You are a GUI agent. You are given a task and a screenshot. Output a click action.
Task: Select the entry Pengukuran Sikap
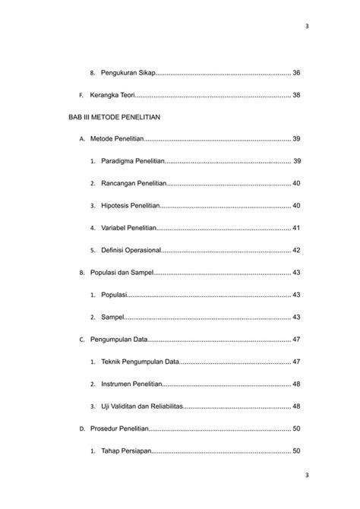tap(128, 73)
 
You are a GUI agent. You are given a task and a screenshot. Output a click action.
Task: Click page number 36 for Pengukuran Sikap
tap(296, 73)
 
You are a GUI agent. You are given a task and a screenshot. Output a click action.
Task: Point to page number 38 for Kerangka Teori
tap(296, 95)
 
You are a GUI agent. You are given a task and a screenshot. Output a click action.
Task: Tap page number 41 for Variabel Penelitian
tap(296, 228)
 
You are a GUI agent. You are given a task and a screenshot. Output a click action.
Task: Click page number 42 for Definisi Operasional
tap(296, 250)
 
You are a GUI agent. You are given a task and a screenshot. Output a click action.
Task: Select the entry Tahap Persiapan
tap(125, 451)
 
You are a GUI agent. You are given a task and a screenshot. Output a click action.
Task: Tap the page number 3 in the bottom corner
tap(306, 476)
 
